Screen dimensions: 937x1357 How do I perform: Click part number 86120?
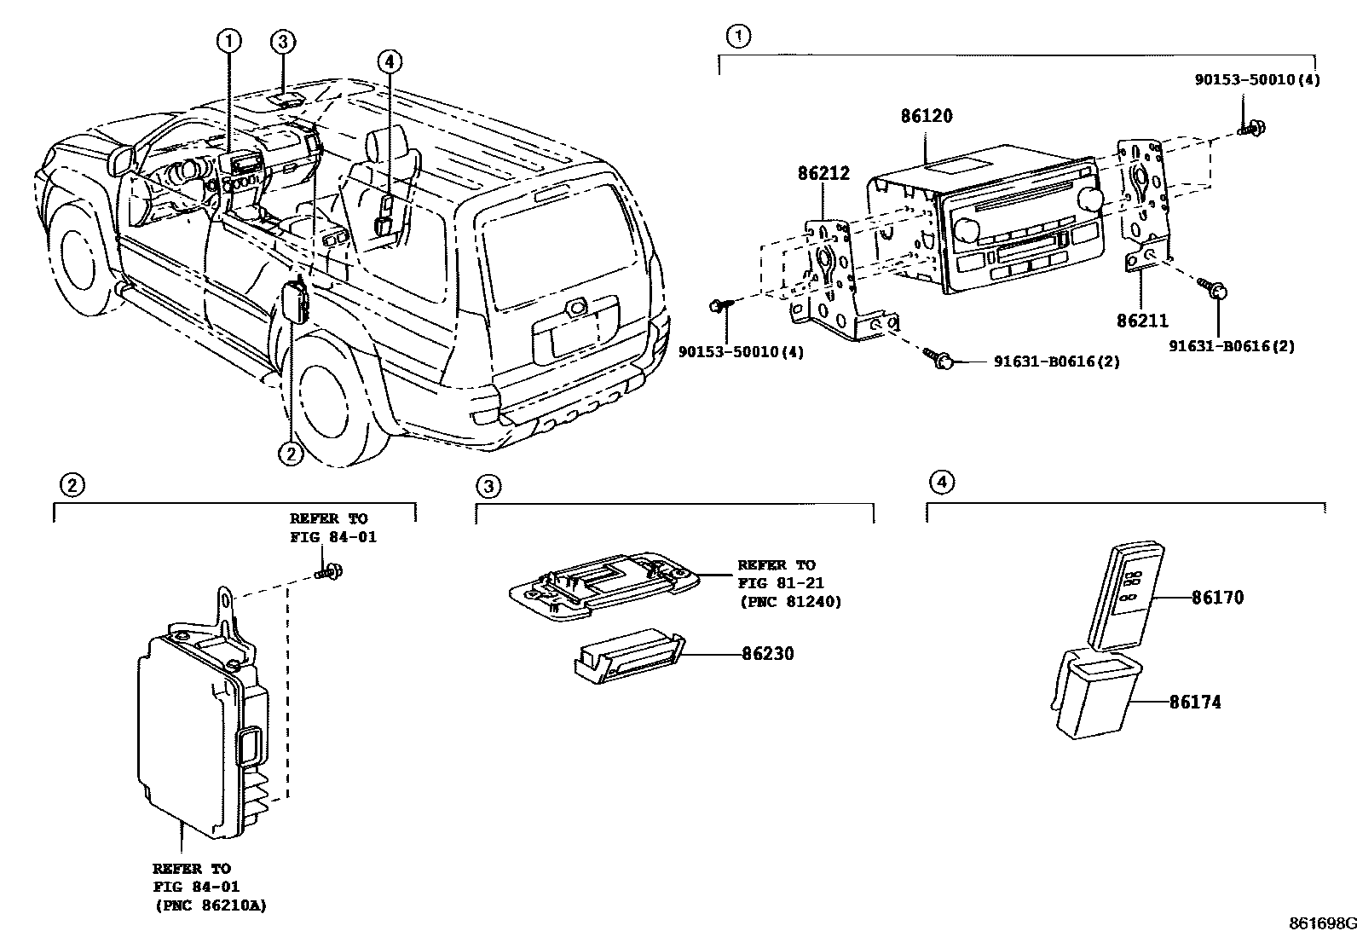[x=927, y=116]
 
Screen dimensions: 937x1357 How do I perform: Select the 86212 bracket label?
[x=823, y=174]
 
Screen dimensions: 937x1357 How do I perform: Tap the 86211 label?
[x=1142, y=321]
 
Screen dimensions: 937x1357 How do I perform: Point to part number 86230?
[x=767, y=654]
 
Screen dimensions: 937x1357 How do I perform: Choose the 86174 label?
[x=1194, y=703]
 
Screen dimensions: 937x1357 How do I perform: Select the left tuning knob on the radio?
[x=967, y=230]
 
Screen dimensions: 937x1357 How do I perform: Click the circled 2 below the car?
[x=291, y=454]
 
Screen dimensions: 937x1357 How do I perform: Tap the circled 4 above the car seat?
[x=389, y=61]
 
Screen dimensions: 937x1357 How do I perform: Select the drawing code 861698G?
[x=1321, y=923]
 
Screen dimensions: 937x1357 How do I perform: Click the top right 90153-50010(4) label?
[x=1256, y=79]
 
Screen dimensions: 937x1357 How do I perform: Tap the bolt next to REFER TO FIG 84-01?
[x=330, y=572]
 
